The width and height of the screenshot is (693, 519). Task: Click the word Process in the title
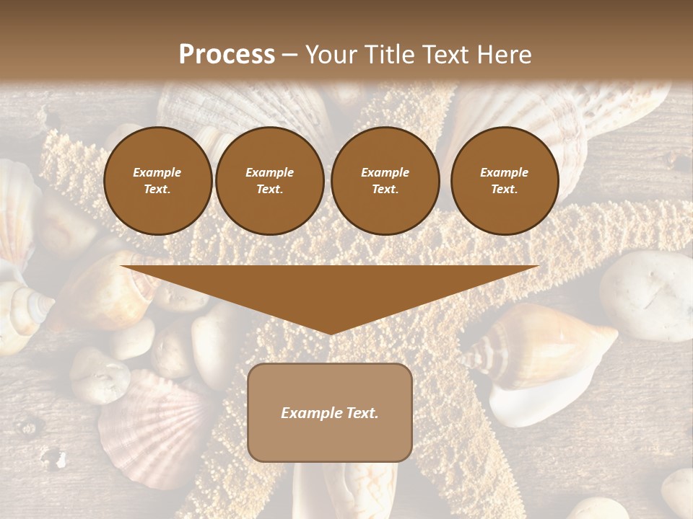(227, 55)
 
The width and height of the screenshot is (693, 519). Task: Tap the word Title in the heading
(387, 55)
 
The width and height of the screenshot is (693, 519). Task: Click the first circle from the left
(157, 181)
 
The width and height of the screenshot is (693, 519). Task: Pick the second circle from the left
(269, 181)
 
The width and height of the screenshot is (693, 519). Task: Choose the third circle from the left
(385, 181)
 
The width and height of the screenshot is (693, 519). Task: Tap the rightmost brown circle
(504, 181)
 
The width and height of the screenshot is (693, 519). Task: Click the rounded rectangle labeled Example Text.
(329, 412)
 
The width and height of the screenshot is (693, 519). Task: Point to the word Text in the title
(446, 55)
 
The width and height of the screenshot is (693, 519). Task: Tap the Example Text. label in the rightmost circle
(504, 181)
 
